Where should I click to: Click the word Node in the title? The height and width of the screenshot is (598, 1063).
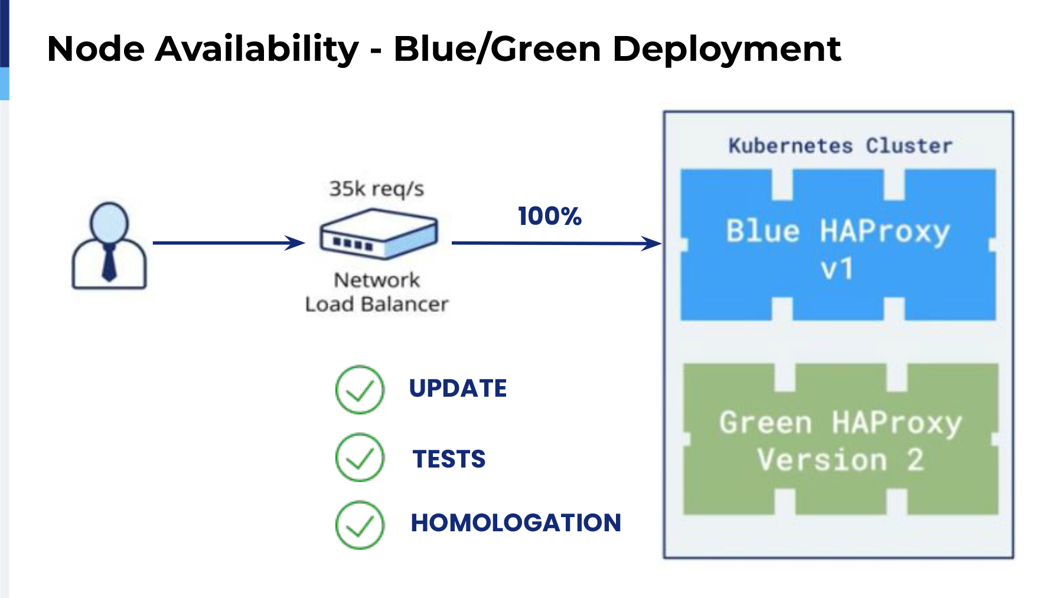(96, 48)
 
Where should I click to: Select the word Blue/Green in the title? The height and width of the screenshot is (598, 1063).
(497, 48)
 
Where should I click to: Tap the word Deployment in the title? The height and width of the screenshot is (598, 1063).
(727, 50)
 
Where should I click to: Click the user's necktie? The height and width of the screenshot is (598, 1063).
(109, 263)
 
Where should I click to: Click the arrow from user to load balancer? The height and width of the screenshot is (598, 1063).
(229, 243)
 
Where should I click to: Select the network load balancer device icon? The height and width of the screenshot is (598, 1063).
(379, 234)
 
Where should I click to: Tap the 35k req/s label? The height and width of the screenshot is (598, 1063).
(377, 189)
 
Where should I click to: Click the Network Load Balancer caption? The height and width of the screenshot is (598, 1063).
(377, 292)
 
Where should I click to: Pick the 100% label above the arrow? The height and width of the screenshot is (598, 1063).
(550, 216)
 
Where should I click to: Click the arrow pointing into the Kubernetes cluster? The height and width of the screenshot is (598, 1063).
(557, 243)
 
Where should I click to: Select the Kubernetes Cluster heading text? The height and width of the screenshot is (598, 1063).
(840, 146)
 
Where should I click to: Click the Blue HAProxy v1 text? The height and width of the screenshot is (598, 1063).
(838, 250)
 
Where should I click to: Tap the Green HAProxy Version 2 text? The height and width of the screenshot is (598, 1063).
(841, 441)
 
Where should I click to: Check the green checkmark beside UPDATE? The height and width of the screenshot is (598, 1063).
(360, 390)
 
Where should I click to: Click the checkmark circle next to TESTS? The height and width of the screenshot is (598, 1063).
(360, 458)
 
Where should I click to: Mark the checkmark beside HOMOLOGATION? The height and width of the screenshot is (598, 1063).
(360, 525)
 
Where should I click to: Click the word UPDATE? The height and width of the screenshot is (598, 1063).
(458, 388)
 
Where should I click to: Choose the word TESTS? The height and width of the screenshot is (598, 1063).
(449, 459)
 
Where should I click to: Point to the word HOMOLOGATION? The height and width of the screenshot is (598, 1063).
(516, 522)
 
